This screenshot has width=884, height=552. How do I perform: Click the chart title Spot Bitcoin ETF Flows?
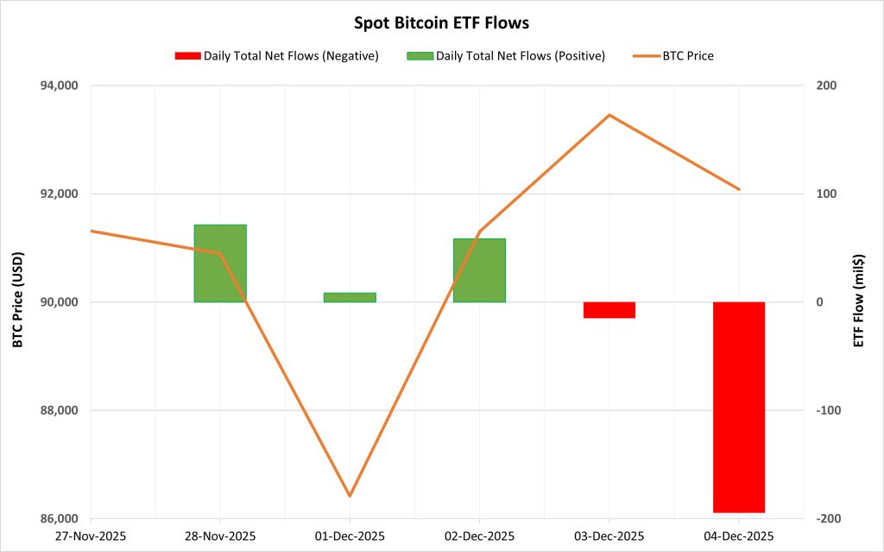point(441,23)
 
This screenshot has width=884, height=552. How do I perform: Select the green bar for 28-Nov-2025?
point(220,263)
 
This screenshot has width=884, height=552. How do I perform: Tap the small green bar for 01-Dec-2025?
point(350,297)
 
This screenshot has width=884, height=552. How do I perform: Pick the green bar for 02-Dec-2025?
point(479,270)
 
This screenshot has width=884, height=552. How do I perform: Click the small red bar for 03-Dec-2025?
point(609,310)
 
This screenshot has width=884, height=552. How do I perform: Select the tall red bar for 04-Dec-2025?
point(739,407)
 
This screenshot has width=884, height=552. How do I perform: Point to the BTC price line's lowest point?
point(350,496)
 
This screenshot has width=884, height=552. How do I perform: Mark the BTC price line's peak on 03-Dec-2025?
point(609,115)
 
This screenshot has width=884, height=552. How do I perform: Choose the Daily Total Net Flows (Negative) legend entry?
point(276,56)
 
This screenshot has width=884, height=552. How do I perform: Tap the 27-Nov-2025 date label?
point(91,536)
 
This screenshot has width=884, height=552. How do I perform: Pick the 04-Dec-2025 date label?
point(739,536)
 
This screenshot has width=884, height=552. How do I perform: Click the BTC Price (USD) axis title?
point(18,301)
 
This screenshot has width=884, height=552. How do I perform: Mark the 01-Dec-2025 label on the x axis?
point(350,536)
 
